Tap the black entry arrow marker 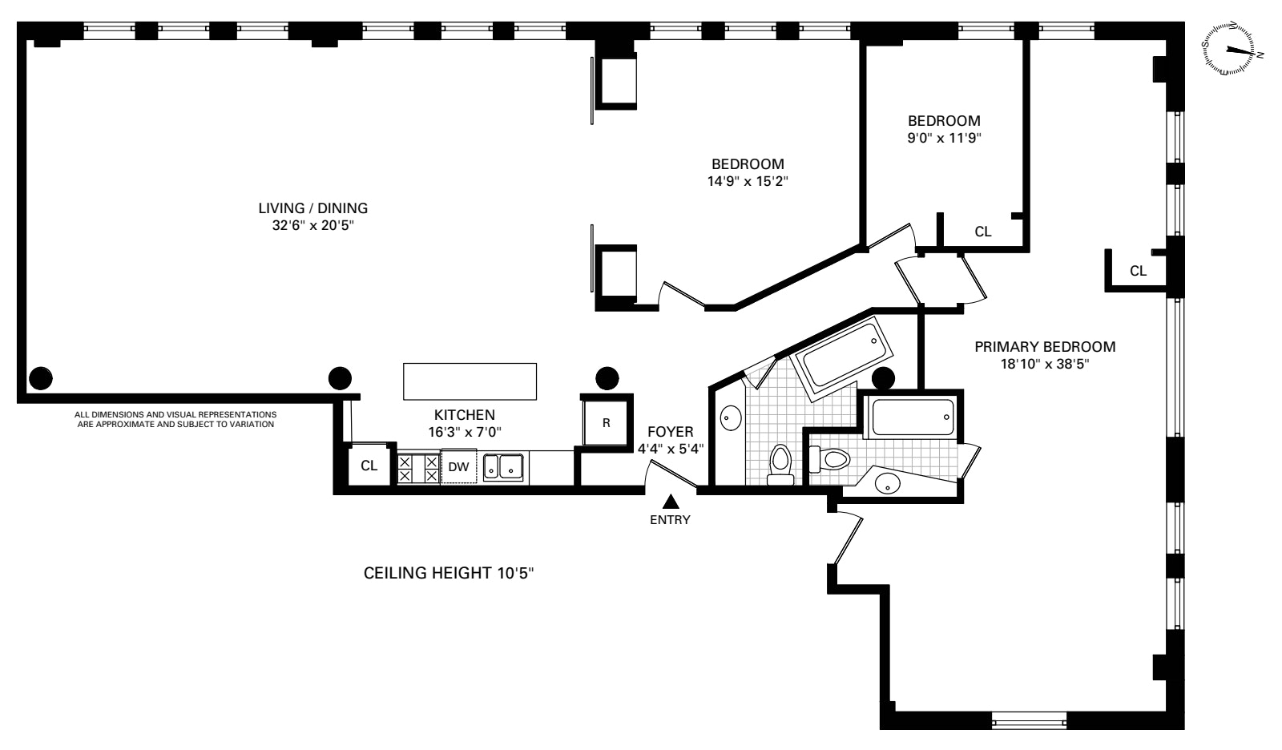tap(670, 502)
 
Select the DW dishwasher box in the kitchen tap(458, 466)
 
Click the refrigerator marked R tap(606, 423)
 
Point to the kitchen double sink tap(503, 466)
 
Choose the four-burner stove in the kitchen tap(418, 468)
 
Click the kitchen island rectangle tap(470, 381)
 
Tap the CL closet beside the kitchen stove tap(369, 466)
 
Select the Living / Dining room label tap(313, 208)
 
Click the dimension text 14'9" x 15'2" tap(748, 181)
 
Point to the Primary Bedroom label tap(1045, 347)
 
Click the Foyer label tap(670, 432)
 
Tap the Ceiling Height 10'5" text tap(449, 573)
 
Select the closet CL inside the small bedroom tap(982, 232)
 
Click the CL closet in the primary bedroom tap(1138, 271)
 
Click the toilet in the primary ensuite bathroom tap(830, 458)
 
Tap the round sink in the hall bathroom tap(731, 418)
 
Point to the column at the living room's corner tap(41, 378)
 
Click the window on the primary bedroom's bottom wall tap(1029, 721)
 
